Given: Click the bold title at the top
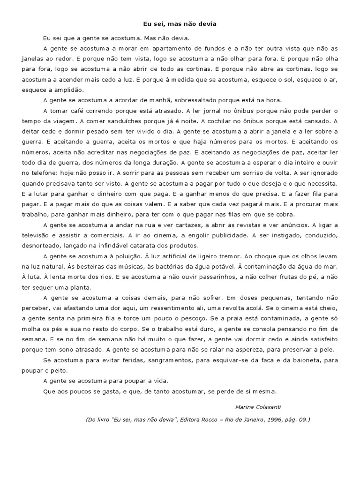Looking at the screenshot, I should [x=180, y=23].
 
